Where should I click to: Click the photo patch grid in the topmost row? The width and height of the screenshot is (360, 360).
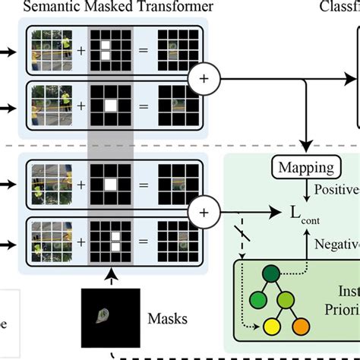pos(50,51)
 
